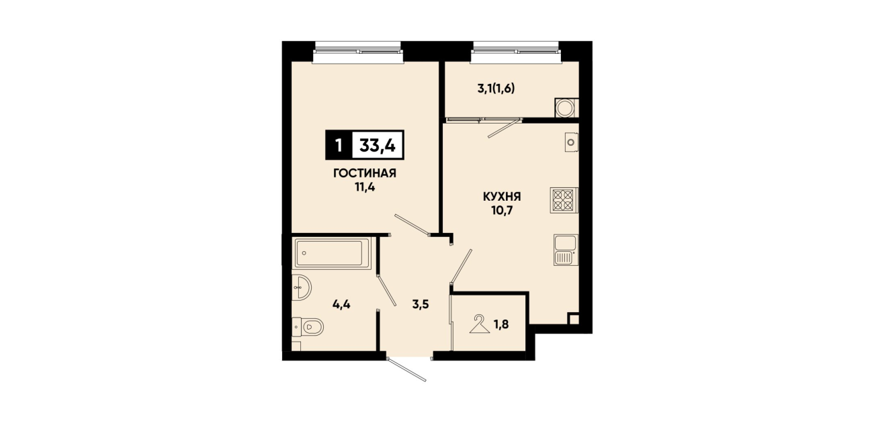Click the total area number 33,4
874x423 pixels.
tap(378, 146)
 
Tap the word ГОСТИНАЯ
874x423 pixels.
tap(364, 173)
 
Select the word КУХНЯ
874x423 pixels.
tap(502, 197)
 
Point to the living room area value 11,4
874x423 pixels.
tap(364, 187)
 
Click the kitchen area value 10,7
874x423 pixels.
tap(502, 211)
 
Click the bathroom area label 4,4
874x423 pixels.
tap(341, 304)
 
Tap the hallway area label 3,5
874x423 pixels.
tap(421, 304)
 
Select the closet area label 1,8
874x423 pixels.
tap(501, 324)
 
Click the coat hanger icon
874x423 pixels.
tap(480, 325)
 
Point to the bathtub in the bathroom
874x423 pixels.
tap(332, 253)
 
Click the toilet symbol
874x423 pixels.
tap(308, 327)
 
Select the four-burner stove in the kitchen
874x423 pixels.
tap(564, 200)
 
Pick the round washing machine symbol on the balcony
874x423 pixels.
tap(565, 108)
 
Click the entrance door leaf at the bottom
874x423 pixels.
tap(406, 369)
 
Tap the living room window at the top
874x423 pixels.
tap(357, 52)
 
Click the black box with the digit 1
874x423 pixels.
tap(339, 145)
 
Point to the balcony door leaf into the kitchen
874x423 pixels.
tap(505, 128)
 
